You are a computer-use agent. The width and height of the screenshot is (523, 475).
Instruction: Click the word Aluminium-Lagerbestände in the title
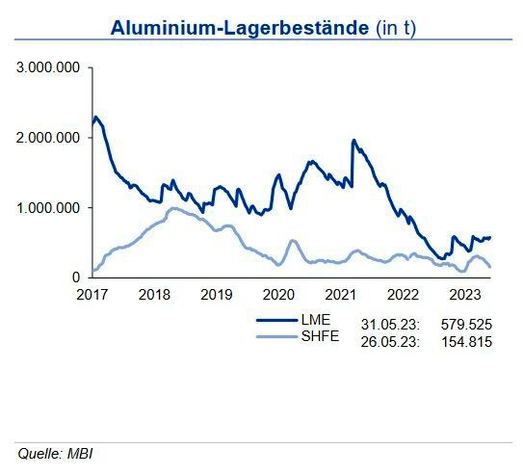[x=240, y=28]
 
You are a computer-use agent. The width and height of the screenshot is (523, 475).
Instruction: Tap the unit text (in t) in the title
[x=396, y=28]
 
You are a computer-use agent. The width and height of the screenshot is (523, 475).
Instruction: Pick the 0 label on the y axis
[x=76, y=277]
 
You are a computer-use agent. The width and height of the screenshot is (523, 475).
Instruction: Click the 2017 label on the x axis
[x=92, y=294]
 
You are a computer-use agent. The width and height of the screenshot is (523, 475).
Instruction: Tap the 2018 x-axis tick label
[x=154, y=294]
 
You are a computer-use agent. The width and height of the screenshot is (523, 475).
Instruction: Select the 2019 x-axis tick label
[x=216, y=294]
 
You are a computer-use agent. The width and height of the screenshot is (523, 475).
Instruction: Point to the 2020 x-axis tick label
[x=278, y=294]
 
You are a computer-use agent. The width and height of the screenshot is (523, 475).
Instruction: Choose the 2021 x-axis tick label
[x=340, y=294]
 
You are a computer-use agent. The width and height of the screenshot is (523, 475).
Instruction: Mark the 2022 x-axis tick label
[x=403, y=294]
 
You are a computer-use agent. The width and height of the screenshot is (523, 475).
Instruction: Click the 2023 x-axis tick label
[x=464, y=294]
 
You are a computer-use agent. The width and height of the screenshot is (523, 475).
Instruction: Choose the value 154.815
[x=466, y=339]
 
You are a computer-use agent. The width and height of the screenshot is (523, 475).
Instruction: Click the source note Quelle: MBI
[x=55, y=452]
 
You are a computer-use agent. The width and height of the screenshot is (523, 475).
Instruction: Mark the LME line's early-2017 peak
[x=95, y=117]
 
